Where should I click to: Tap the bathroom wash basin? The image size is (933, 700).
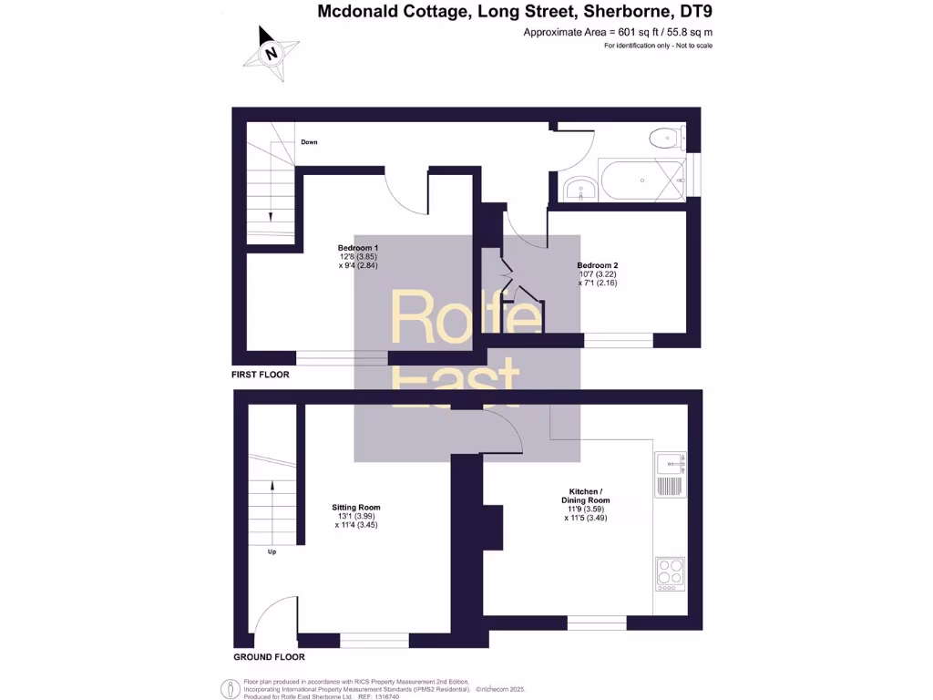coord(579,190)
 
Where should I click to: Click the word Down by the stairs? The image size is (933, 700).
coord(310,142)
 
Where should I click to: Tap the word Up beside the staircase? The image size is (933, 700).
coord(272,551)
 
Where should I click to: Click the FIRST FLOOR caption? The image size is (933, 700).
coord(261,375)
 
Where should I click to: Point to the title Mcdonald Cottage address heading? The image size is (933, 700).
coord(515,12)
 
